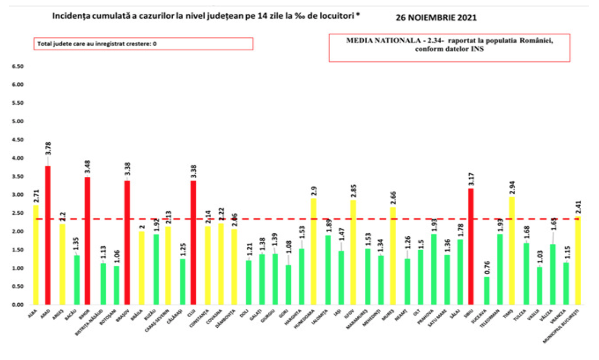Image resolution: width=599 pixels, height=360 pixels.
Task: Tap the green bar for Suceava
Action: click(486, 290)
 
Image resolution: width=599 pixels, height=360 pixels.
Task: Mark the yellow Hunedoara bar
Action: click(313, 251)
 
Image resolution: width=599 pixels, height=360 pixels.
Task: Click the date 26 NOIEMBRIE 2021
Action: click(436, 17)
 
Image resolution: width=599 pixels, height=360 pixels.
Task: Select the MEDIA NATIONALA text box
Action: click(449, 48)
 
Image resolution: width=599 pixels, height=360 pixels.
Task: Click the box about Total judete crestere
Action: click(143, 44)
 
